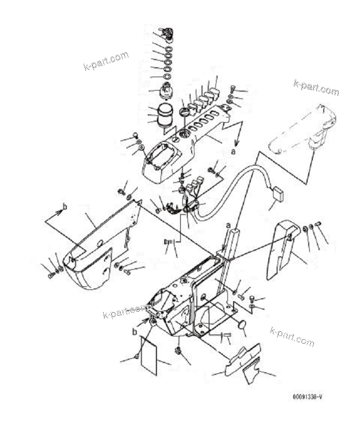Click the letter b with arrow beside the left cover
click(x=65, y=208)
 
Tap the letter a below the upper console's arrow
click(x=233, y=152)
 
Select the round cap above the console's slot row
click(x=184, y=111)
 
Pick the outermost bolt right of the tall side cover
click(x=318, y=224)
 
